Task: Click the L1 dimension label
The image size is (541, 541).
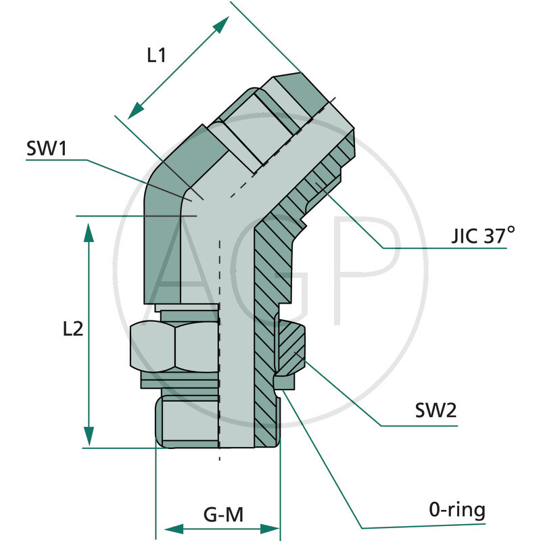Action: (157, 55)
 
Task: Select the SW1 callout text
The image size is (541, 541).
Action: (46, 149)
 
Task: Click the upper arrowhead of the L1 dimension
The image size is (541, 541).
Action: (221, 26)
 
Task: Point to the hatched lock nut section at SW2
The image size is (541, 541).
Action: (292, 348)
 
